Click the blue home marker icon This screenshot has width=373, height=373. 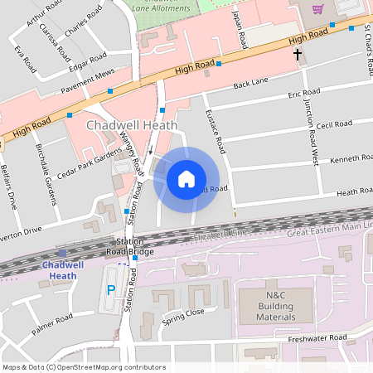pos(186,179)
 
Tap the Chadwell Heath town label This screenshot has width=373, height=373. pos(121,124)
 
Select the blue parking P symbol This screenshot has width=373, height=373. pos(112,290)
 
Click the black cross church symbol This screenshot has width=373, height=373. pos(298,55)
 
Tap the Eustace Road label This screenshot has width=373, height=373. pos(215,132)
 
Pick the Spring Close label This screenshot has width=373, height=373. pos(183,316)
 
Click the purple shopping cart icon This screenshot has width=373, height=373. pos(317,9)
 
